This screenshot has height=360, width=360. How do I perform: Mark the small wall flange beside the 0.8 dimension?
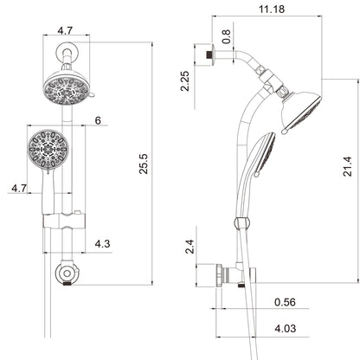tap(210, 55)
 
